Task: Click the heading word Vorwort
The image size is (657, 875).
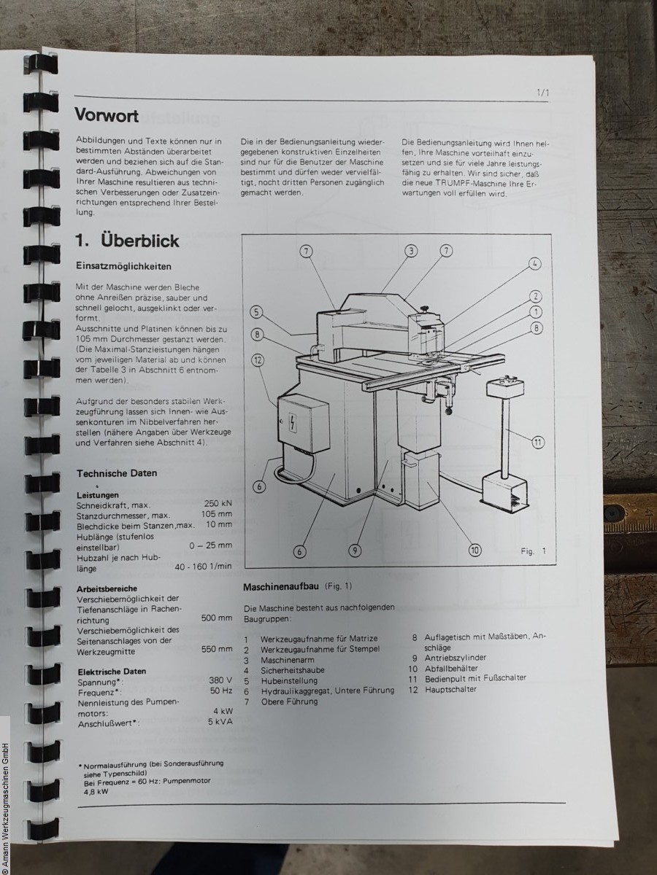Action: pyautogui.click(x=107, y=116)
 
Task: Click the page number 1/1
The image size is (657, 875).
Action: pyautogui.click(x=543, y=93)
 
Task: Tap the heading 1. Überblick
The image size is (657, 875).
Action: pyautogui.click(x=127, y=241)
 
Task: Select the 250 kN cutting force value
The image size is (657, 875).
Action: pyautogui.click(x=218, y=504)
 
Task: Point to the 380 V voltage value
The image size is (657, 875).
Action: pyautogui.click(x=220, y=680)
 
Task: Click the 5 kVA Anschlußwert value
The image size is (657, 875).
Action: pyautogui.click(x=220, y=722)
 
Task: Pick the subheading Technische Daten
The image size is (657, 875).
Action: pyautogui.click(x=117, y=473)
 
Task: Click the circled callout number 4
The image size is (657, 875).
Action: pyautogui.click(x=535, y=263)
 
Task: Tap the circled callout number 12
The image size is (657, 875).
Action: pyautogui.click(x=258, y=360)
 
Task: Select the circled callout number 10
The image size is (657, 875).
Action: pyautogui.click(x=474, y=550)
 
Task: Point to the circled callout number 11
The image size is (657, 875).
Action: pyautogui.click(x=538, y=442)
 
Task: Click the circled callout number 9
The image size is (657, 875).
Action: pyautogui.click(x=355, y=551)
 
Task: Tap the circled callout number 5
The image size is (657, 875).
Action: pyautogui.click(x=256, y=312)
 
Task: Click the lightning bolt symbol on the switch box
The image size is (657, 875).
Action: pyautogui.click(x=293, y=421)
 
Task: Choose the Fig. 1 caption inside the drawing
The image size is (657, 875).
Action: pyautogui.click(x=533, y=551)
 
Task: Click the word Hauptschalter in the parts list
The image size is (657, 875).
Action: pyautogui.click(x=450, y=689)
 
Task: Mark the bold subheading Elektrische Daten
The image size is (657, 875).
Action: pyautogui.click(x=112, y=671)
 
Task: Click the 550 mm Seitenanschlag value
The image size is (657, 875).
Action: pyautogui.click(x=217, y=648)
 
